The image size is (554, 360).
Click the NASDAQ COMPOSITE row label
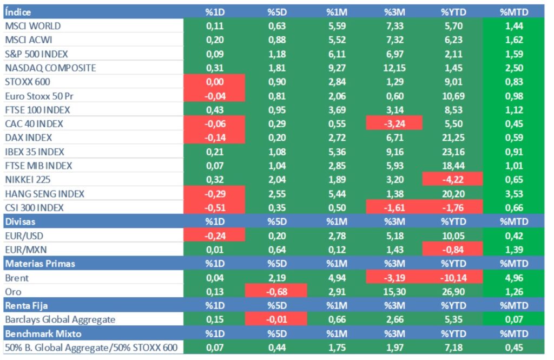[x=50, y=68]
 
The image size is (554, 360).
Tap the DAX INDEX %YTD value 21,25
[x=453, y=138]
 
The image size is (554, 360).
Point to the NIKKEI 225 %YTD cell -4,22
[x=453, y=179]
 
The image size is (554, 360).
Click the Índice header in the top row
[x=18, y=11]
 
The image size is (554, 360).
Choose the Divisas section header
[x=20, y=221]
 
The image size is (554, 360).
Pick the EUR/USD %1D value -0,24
[x=215, y=235]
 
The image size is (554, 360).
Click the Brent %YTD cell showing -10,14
[x=453, y=278]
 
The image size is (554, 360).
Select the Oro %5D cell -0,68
[x=276, y=292]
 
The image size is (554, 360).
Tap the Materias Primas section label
[x=40, y=264]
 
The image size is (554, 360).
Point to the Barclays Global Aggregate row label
[x=60, y=319]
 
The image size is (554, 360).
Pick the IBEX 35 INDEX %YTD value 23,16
[x=453, y=152]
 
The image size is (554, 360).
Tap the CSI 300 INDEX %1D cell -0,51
[x=215, y=207]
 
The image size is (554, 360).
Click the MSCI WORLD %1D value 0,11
[x=215, y=25]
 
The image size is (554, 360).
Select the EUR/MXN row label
[x=25, y=250]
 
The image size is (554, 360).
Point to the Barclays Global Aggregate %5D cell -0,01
[x=276, y=319]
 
